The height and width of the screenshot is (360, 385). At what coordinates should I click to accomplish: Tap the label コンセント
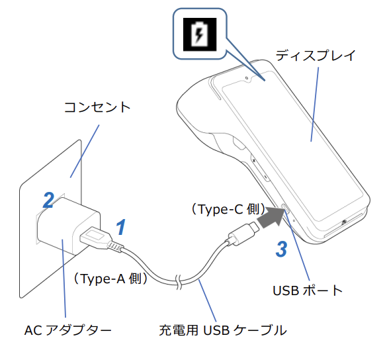(x=97, y=107)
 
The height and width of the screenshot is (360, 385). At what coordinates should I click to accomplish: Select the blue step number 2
(x=48, y=200)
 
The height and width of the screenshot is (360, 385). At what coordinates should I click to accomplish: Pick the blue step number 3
(x=281, y=249)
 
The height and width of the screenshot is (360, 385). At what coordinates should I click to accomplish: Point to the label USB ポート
(x=308, y=290)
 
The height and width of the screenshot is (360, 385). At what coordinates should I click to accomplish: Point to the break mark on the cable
(x=178, y=281)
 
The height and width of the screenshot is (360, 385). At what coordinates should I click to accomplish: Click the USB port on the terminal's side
(x=286, y=211)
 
